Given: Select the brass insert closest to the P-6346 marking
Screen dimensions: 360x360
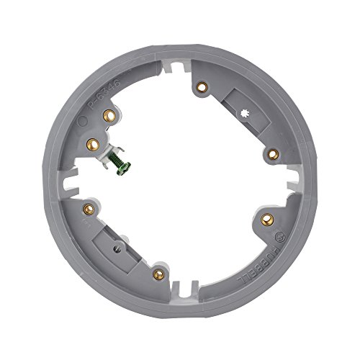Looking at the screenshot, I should (109, 113).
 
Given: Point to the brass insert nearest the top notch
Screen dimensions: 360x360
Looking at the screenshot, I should (201, 86).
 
